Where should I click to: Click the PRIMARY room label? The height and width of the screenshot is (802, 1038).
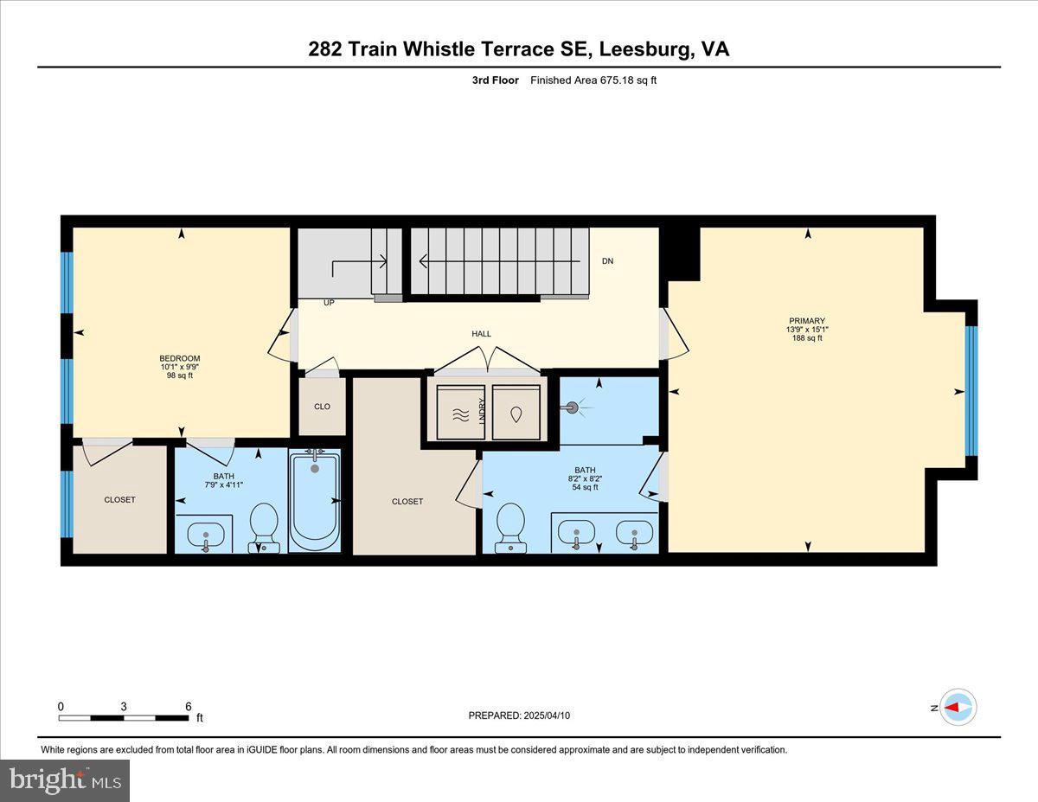pyautogui.click(x=806, y=321)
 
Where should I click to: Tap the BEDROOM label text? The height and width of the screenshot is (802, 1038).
pyautogui.click(x=180, y=359)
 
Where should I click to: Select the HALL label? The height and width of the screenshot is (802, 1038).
pyautogui.click(x=481, y=334)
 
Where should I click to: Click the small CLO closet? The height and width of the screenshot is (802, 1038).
pyautogui.click(x=322, y=407)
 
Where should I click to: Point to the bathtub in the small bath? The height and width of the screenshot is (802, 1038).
pyautogui.click(x=315, y=502)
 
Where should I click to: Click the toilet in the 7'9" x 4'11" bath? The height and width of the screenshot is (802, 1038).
pyautogui.click(x=264, y=527)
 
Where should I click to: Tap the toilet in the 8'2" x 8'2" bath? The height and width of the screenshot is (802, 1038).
pyautogui.click(x=511, y=527)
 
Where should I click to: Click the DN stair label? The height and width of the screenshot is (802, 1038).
pyautogui.click(x=607, y=260)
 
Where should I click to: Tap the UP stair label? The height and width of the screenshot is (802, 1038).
pyautogui.click(x=329, y=304)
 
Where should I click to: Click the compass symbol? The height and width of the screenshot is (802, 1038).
pyautogui.click(x=958, y=707)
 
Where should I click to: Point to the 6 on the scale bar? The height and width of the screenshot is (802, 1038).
pyautogui.click(x=188, y=706)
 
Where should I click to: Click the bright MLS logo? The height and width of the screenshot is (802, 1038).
pyautogui.click(x=65, y=780)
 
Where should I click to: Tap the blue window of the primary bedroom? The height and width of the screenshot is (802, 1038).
pyautogui.click(x=971, y=390)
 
